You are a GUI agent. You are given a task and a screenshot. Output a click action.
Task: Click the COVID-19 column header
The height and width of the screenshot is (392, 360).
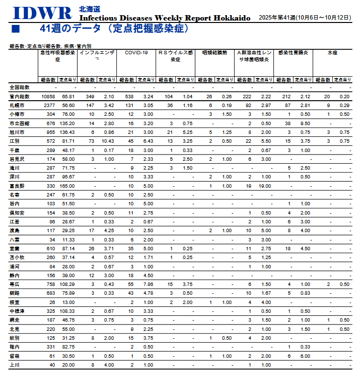(136, 52)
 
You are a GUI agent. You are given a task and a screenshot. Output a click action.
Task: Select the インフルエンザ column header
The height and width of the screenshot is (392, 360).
(97, 52)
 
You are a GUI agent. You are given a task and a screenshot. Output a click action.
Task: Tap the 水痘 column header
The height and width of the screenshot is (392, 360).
(333, 52)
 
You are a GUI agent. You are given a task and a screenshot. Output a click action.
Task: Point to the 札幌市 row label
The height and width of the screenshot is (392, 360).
(17, 105)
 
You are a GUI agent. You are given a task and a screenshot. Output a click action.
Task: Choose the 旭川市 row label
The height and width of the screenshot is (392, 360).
(17, 132)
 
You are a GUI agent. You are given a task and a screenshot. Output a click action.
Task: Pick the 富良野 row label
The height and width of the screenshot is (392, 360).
(17, 186)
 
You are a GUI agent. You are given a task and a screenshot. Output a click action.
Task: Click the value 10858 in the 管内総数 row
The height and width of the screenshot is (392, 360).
(48, 96)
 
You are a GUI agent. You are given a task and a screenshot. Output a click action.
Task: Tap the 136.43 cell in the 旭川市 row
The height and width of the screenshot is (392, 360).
(67, 132)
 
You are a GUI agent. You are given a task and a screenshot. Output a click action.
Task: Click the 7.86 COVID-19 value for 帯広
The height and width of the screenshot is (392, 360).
(148, 284)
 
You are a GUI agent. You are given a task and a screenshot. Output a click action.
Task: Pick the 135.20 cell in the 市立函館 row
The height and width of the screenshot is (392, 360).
(67, 123)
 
